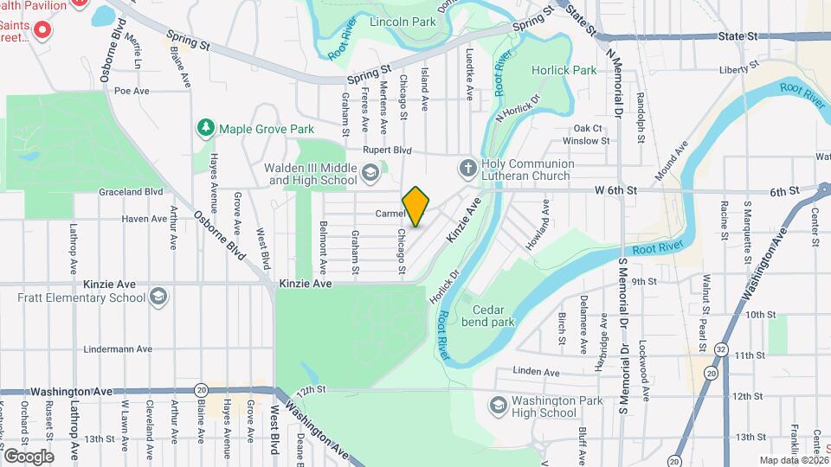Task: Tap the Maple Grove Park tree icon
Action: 206,128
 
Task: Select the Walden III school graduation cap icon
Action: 370,173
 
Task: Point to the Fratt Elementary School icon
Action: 158,297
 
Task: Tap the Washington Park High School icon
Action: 498,405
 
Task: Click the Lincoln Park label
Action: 402,21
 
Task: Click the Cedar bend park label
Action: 493,316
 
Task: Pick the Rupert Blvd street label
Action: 387,150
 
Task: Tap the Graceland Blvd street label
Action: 131,191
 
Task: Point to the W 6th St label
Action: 615,189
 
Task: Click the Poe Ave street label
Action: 132,90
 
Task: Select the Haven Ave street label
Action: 144,219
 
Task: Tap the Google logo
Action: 28,456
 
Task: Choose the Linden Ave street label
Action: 537,372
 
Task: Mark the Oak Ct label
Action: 588,128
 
